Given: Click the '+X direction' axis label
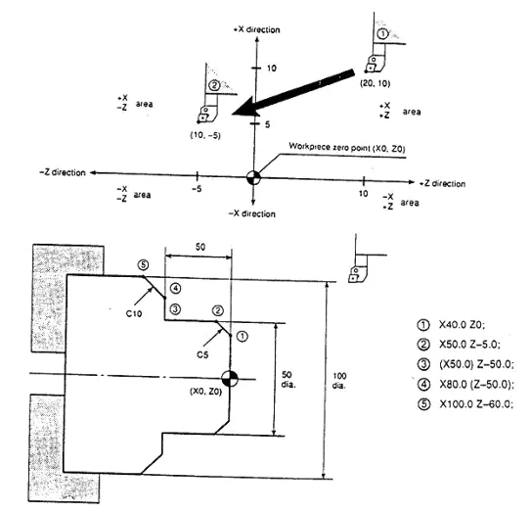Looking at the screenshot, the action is click(257, 29).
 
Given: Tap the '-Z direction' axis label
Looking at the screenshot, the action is click(63, 172).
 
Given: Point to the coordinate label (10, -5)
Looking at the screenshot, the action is click(205, 135).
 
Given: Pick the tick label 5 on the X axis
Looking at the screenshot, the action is click(268, 124).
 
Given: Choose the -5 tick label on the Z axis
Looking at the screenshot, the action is click(197, 189).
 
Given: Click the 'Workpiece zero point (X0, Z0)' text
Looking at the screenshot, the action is click(347, 148).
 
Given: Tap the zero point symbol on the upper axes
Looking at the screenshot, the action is click(253, 177).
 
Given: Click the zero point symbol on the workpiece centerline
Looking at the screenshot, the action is click(230, 378).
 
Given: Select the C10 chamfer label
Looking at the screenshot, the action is click(134, 313).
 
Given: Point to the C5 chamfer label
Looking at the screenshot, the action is click(202, 354).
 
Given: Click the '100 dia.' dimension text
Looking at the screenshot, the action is click(339, 381).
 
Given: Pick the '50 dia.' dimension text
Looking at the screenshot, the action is click(288, 380).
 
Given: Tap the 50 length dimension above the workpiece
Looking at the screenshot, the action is click(200, 247).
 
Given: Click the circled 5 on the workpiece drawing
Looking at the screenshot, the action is click(143, 264).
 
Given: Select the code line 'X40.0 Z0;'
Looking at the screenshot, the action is click(462, 325).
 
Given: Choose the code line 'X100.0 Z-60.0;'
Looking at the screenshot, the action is click(476, 404).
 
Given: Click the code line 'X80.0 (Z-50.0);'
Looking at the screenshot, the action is click(476, 385).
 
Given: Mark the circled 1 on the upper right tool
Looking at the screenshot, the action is click(382, 34).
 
